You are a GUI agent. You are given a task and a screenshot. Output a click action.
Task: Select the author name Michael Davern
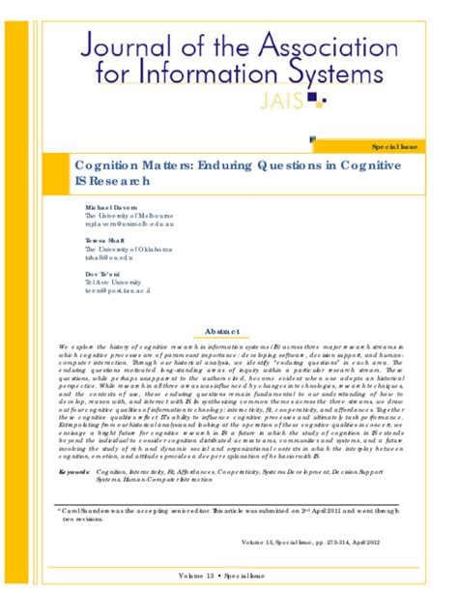111,208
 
